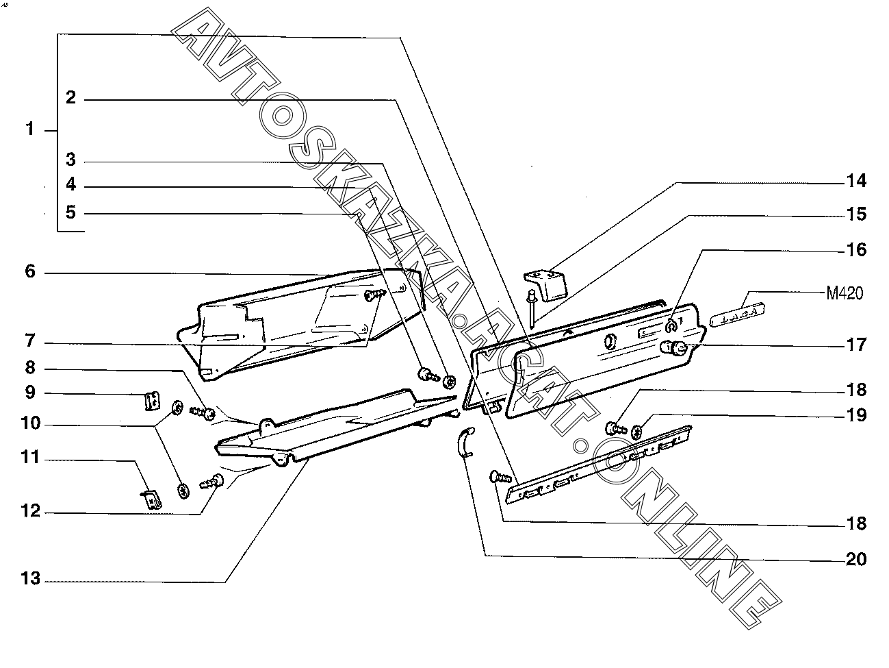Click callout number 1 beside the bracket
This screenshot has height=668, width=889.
tap(29, 129)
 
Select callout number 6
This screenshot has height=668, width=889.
tap(29, 272)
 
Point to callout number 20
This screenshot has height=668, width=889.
tap(855, 560)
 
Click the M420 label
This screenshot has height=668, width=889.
tap(845, 294)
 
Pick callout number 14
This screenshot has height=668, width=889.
tap(855, 182)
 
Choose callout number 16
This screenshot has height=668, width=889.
tap(855, 250)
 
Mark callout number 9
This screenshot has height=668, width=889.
tap(29, 393)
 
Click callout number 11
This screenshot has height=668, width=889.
tap(29, 458)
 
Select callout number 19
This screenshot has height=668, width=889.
tap(855, 415)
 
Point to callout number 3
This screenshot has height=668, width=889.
tap(70, 161)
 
